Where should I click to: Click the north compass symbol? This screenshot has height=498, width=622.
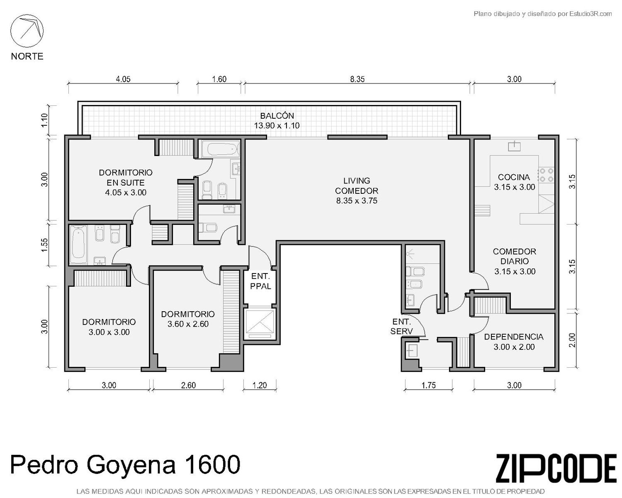[27, 31]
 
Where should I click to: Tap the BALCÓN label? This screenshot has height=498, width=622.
[277, 116]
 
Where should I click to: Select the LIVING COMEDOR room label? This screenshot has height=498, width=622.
[356, 186]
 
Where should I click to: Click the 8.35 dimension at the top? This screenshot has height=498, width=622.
[357, 79]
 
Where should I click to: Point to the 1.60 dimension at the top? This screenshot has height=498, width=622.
[219, 79]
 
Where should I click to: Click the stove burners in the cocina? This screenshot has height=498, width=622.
[547, 175]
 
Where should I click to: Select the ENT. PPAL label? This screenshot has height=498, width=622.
[260, 281]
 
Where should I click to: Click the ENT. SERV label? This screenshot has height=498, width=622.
[401, 326]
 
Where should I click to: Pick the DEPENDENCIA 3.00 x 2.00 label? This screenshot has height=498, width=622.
[514, 342]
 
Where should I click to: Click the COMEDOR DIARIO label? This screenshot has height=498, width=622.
[515, 256]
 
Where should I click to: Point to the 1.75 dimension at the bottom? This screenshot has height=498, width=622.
[428, 385]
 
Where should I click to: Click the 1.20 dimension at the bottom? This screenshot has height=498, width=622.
[259, 385]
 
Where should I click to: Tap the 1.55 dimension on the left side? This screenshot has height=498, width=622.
[44, 245]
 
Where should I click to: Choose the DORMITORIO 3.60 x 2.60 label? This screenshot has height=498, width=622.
[188, 319]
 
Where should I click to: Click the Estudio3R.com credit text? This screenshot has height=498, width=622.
[590, 14]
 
